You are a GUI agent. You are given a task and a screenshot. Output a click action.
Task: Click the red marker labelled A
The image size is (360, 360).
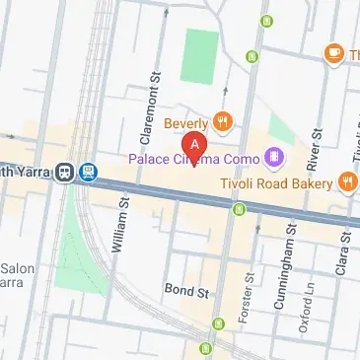point(195,146)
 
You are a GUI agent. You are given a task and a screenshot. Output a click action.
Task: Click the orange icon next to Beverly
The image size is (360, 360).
point(224,122)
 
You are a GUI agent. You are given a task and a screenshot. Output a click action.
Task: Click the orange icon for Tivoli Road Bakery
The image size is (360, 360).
point(347,181)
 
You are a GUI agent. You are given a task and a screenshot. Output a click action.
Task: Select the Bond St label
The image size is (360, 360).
point(188,293)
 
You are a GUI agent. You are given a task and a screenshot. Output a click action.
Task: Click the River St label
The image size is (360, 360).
point(318,148)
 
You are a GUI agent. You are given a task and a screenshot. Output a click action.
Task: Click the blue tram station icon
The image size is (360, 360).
point(89,170)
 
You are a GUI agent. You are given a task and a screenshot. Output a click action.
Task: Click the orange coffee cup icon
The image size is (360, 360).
point(333,52)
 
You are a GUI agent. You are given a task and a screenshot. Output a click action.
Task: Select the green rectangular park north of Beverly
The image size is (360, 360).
point(201,55)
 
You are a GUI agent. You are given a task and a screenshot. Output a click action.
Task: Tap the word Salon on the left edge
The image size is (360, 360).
point(17,268)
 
